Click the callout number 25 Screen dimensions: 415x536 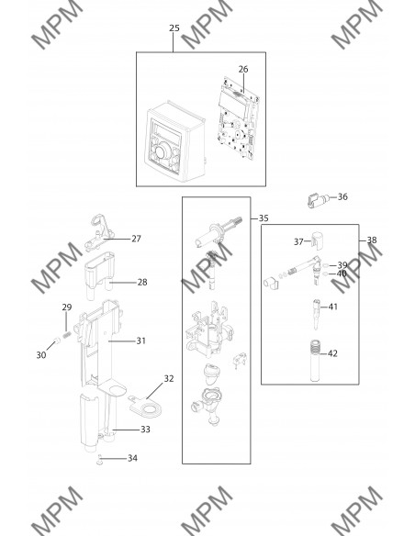click(174, 28)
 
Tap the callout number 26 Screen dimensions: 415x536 click(243, 69)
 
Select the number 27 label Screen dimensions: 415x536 click(136, 239)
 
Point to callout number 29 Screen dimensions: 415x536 click(67, 307)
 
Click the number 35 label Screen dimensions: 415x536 click(264, 218)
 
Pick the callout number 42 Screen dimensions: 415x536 click(332, 353)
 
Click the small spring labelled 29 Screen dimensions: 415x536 click(67, 334)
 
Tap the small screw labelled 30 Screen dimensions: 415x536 click(57, 341)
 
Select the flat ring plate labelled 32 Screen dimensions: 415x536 click(146, 407)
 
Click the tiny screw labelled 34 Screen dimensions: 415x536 click(99, 460)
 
